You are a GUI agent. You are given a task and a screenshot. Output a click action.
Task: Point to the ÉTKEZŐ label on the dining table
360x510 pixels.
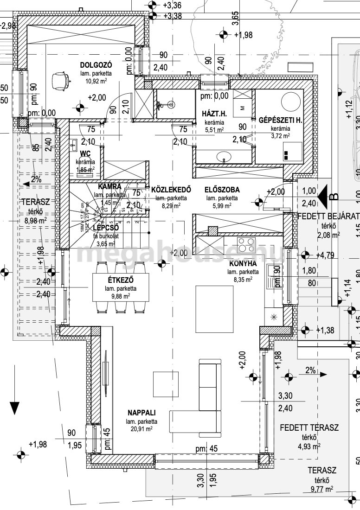coord(121,280)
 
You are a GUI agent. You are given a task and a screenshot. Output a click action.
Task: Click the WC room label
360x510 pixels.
coord(85,153)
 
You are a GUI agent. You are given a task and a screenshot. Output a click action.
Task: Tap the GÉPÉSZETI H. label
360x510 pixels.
coord(280,120)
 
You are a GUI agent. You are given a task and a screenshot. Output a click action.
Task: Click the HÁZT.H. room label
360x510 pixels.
coord(213,114)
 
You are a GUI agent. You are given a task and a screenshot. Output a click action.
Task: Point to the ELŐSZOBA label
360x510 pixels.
coord(222,190)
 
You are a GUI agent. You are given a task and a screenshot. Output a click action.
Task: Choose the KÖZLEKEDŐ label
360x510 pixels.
coord(171,190)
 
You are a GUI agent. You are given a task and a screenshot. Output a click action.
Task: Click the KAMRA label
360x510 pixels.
coord(109,187)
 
